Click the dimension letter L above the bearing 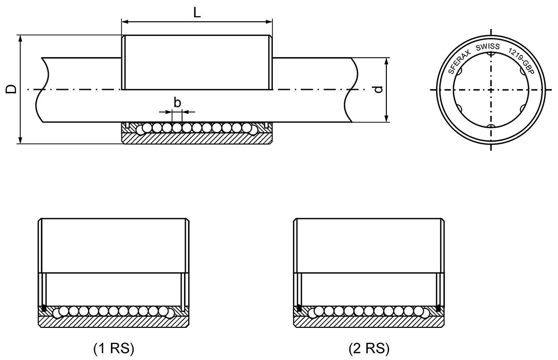point(197,12)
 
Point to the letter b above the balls point(177,102)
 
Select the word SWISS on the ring point(487,47)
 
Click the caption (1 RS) point(114,348)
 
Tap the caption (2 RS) point(369,348)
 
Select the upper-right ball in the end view point(522,71)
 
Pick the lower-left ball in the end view point(459,108)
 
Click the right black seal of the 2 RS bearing point(439,310)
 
